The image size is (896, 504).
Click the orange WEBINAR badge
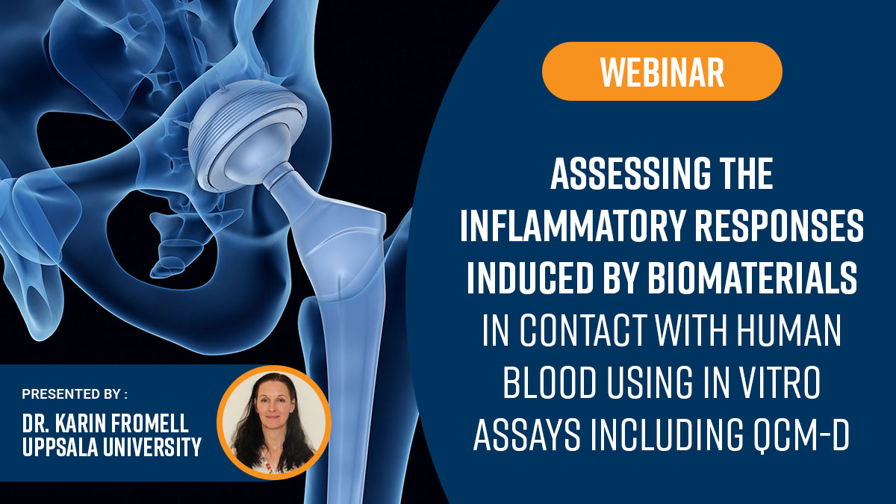point(662,71)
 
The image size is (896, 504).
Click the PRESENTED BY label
point(75,394)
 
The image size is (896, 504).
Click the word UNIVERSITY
point(152,447)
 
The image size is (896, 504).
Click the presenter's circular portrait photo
point(274,423)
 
